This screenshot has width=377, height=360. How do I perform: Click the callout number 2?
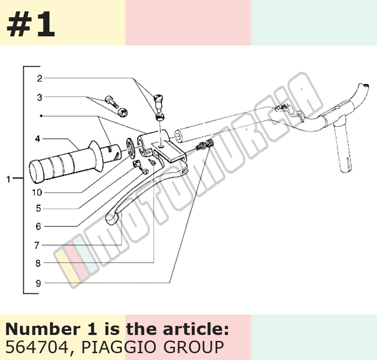[x=40, y=79]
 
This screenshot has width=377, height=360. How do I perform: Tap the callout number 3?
[x=40, y=98]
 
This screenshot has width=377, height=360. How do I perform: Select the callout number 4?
[x=38, y=139]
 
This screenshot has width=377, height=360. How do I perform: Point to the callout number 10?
[x=37, y=193]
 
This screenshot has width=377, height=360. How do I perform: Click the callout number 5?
[x=39, y=208]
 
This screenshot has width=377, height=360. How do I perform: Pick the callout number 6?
[x=39, y=226]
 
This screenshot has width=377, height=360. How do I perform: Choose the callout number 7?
[x=37, y=245]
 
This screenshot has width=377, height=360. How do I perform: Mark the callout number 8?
[x=38, y=264]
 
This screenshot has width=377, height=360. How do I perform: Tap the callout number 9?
[x=39, y=283]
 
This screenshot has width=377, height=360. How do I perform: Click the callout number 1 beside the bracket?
[x=9, y=179]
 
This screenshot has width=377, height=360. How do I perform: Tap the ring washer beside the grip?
[x=130, y=148]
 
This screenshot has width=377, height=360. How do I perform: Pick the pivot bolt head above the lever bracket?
[x=159, y=98]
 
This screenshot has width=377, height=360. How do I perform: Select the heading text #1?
[x=31, y=24]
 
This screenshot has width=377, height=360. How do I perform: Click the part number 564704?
[x=37, y=347]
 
